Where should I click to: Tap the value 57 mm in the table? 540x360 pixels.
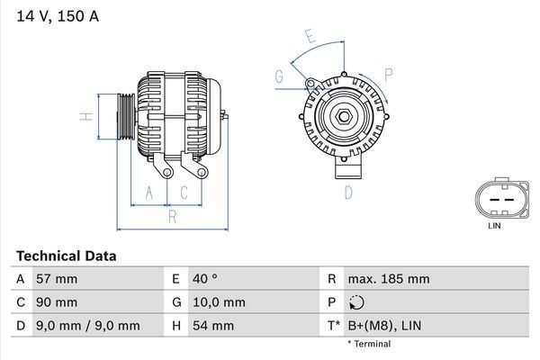(56, 279)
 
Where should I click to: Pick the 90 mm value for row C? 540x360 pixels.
(56, 302)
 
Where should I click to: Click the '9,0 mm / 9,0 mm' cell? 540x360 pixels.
(87, 325)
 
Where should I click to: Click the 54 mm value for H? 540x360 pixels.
(212, 325)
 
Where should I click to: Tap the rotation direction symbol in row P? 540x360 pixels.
(357, 302)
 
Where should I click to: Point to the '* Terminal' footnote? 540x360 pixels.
(369, 344)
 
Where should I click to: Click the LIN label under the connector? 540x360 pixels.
(494, 226)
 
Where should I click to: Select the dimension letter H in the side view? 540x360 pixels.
(84, 116)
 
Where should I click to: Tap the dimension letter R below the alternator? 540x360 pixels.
(171, 216)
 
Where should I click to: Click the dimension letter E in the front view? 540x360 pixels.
(310, 37)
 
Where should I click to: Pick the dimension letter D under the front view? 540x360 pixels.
(347, 192)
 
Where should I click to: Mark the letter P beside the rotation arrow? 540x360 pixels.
(388, 74)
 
